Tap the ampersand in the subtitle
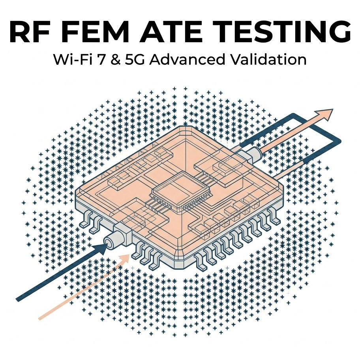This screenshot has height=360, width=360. tap(118, 60)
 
